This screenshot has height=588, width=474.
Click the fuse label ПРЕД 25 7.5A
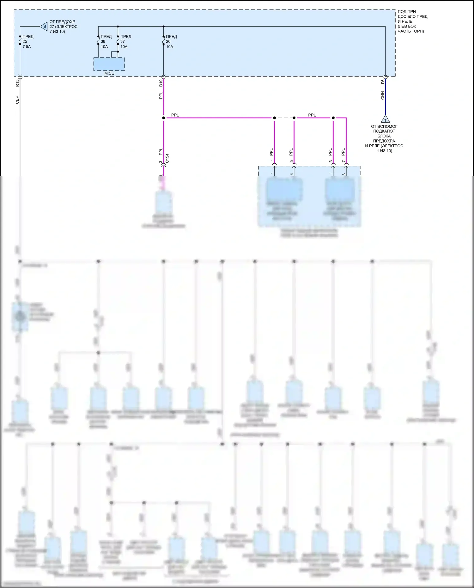[27, 41]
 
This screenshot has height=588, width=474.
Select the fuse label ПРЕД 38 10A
[106, 41]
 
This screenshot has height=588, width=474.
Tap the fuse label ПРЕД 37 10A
[125, 41]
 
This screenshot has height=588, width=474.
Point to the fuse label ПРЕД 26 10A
[171, 41]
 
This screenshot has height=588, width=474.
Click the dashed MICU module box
[109, 64]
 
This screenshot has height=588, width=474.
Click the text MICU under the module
[109, 73]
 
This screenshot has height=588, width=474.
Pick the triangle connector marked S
[44, 27]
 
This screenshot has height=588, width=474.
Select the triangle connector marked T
[385, 119]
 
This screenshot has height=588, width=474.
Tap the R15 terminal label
[17, 83]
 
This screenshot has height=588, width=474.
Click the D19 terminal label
[161, 83]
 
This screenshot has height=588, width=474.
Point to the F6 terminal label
[383, 82]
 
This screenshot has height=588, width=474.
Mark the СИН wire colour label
[383, 95]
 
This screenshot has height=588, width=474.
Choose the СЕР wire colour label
[17, 100]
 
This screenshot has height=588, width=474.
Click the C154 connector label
[167, 158]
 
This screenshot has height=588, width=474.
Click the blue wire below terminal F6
[385, 101]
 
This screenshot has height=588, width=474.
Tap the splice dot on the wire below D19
[163, 118]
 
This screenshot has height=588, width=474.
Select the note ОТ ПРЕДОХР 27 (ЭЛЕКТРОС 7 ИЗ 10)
[63, 27]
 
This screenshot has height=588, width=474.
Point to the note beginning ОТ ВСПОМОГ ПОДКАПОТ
[384, 138]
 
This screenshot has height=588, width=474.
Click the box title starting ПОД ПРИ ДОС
[412, 21]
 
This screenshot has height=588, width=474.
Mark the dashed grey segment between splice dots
[284, 118]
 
